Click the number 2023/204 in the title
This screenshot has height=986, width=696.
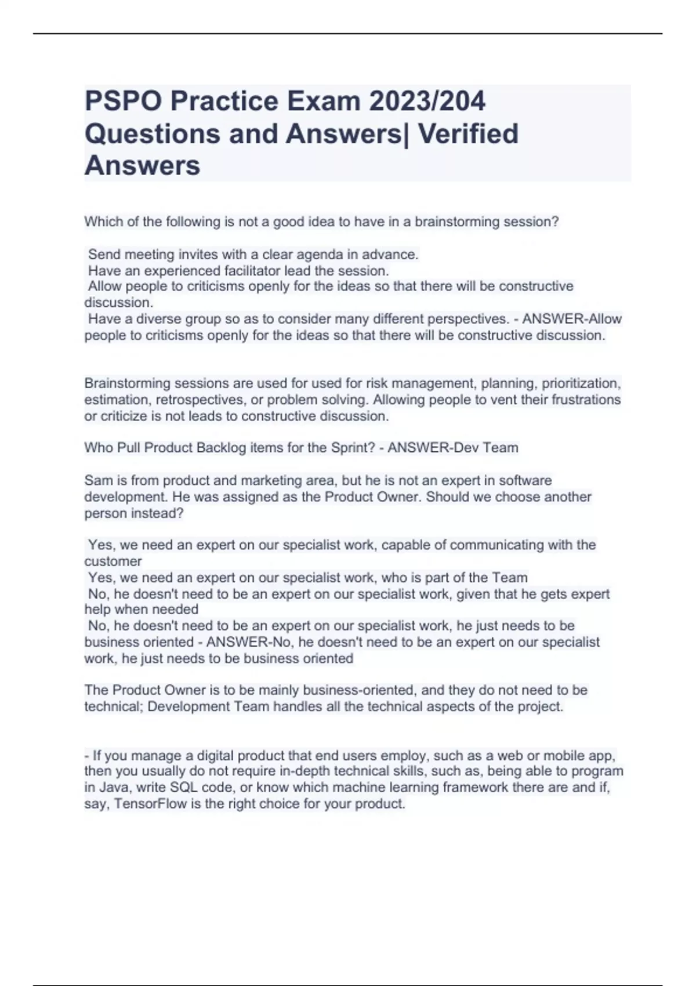(x=427, y=101)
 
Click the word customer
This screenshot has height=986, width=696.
(x=113, y=561)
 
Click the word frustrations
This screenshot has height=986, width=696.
(x=583, y=400)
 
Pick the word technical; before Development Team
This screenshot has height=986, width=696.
(x=113, y=706)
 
